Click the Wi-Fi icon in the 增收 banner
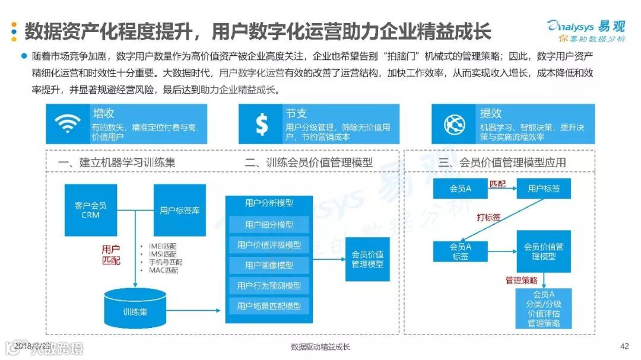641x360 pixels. pyautogui.click(x=67, y=124)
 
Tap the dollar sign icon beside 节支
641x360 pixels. pyautogui.click(x=261, y=124)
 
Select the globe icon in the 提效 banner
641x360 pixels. pyautogui.click(x=455, y=124)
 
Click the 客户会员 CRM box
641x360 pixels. pyautogui.click(x=91, y=210)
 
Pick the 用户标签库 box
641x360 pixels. pyautogui.click(x=180, y=210)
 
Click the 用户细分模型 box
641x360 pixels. pyautogui.click(x=269, y=225)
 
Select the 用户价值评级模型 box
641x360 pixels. pyautogui.click(x=269, y=245)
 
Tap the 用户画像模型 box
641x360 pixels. pyautogui.click(x=269, y=265)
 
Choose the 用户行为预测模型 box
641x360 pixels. pyautogui.click(x=269, y=285)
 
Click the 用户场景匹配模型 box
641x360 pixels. pyautogui.click(x=269, y=306)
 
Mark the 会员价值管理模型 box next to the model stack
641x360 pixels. pyautogui.click(x=367, y=259)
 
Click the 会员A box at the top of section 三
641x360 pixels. pyautogui.click(x=461, y=189)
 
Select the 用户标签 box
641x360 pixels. pyautogui.click(x=544, y=189)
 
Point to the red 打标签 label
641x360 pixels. pyautogui.click(x=488, y=218)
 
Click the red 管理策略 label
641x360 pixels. pyautogui.click(x=521, y=280)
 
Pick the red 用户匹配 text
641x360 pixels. pyautogui.click(x=111, y=254)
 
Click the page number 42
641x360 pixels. pyautogui.click(x=624, y=346)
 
